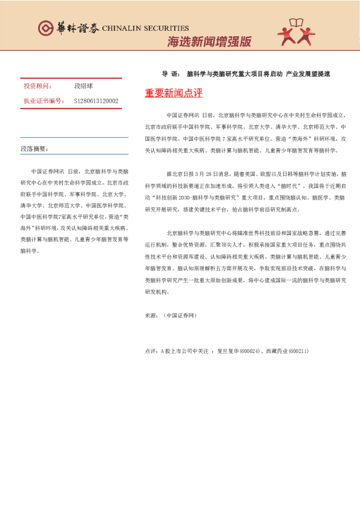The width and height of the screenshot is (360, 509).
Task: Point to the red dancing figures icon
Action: [296, 31]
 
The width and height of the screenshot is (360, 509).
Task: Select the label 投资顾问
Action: [38, 86]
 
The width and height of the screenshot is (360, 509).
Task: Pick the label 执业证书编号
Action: [43, 101]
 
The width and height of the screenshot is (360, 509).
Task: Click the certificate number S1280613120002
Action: [96, 101]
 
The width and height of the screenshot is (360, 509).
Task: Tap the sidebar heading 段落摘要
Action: [34, 148]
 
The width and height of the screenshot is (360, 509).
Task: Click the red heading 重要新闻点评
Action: [174, 93]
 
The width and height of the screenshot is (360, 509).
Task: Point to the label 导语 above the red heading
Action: [170, 74]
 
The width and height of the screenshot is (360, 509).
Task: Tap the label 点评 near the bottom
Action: [151, 351]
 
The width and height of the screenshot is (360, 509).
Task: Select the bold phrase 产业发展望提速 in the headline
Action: [309, 74]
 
